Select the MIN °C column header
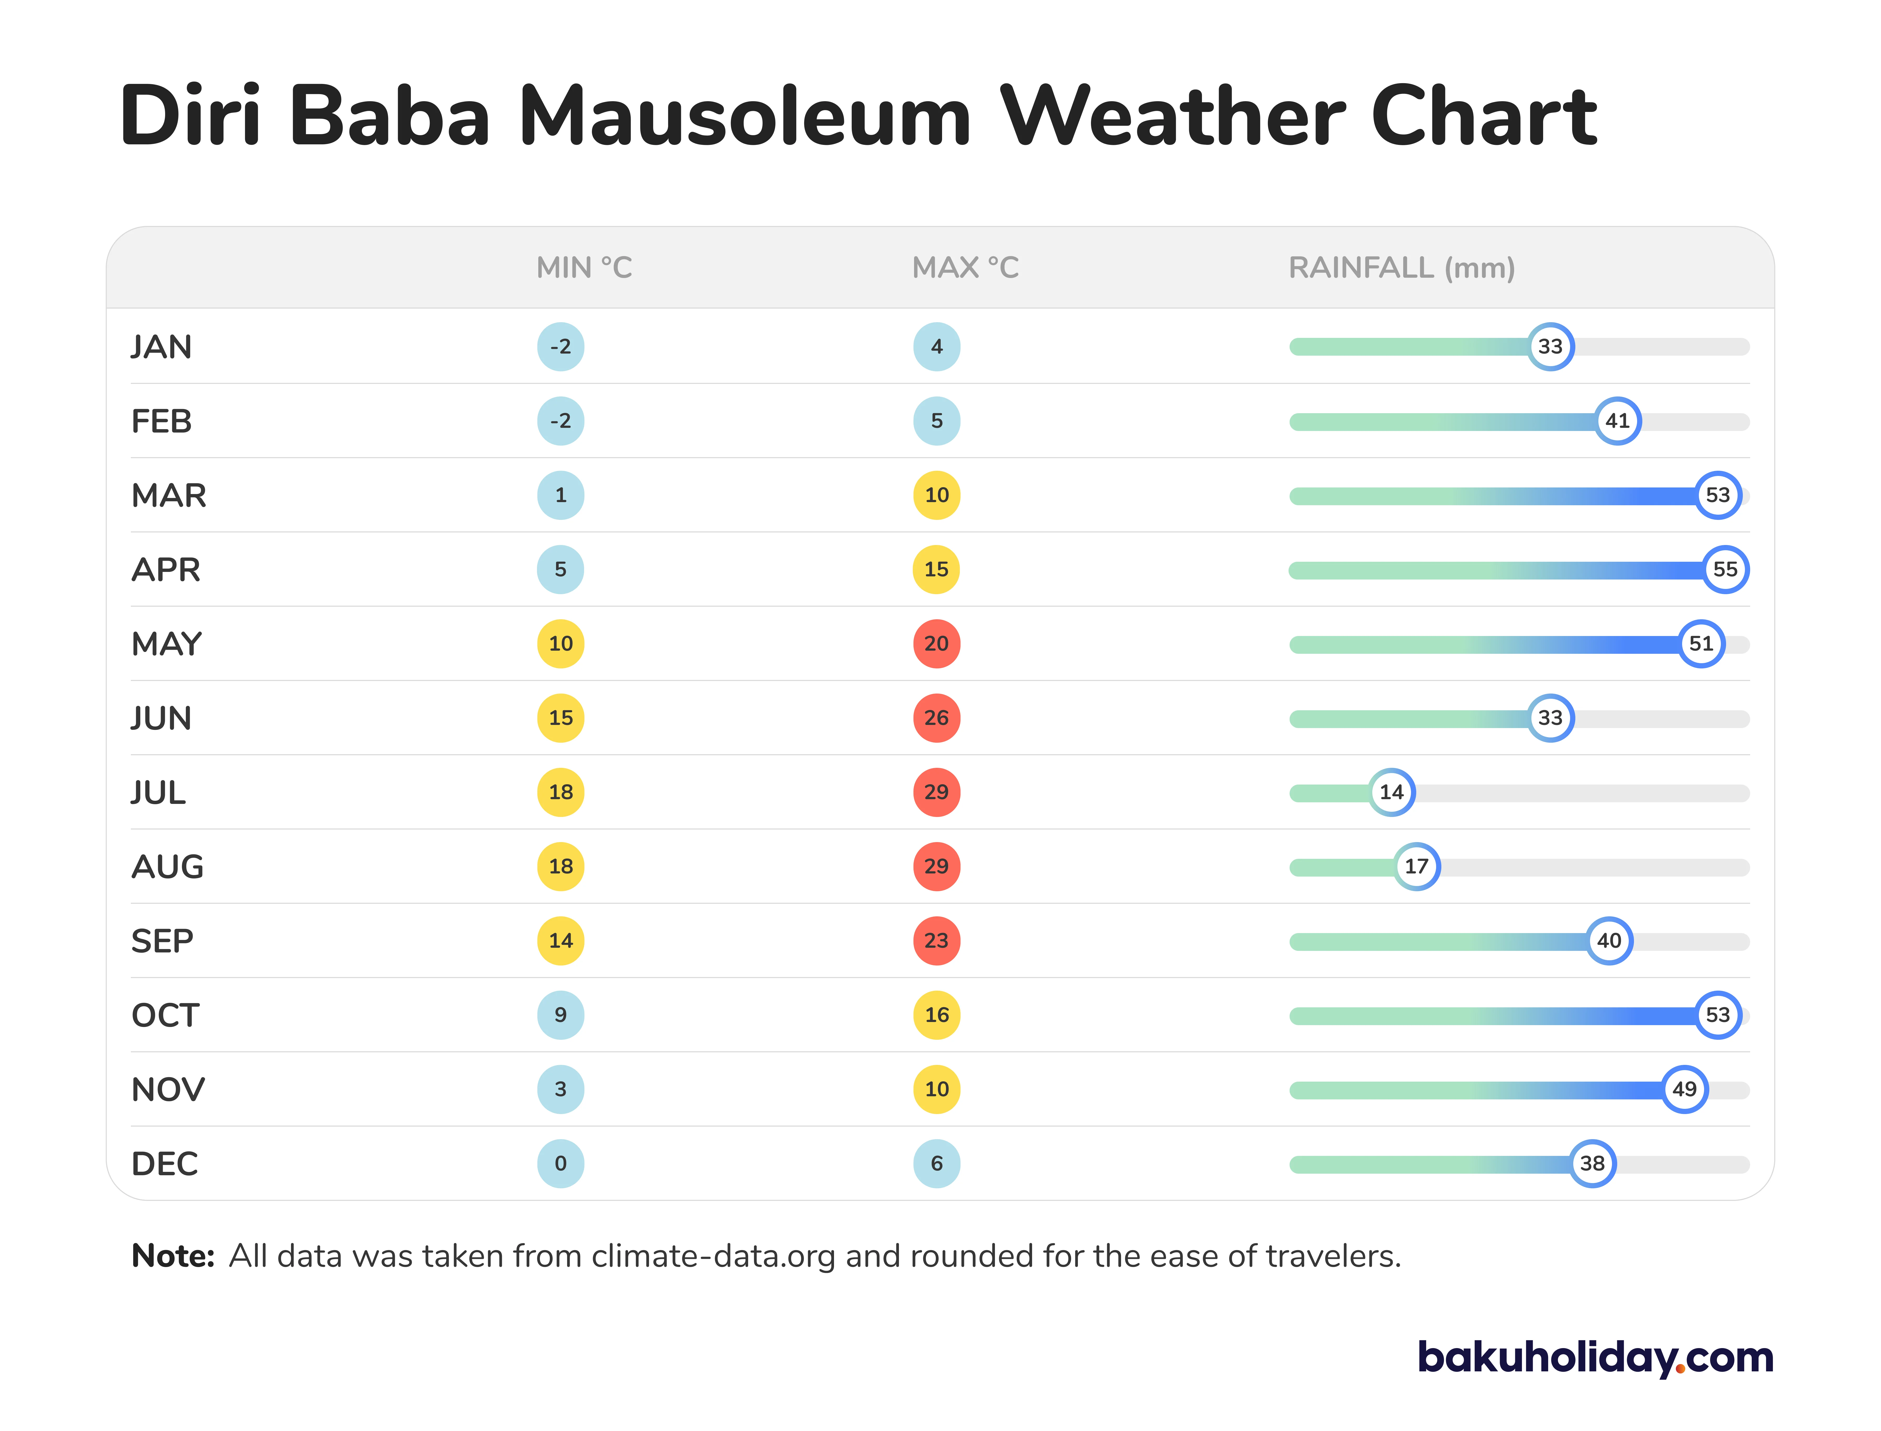click(x=584, y=268)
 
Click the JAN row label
click(x=161, y=347)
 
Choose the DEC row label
click(x=165, y=1163)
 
